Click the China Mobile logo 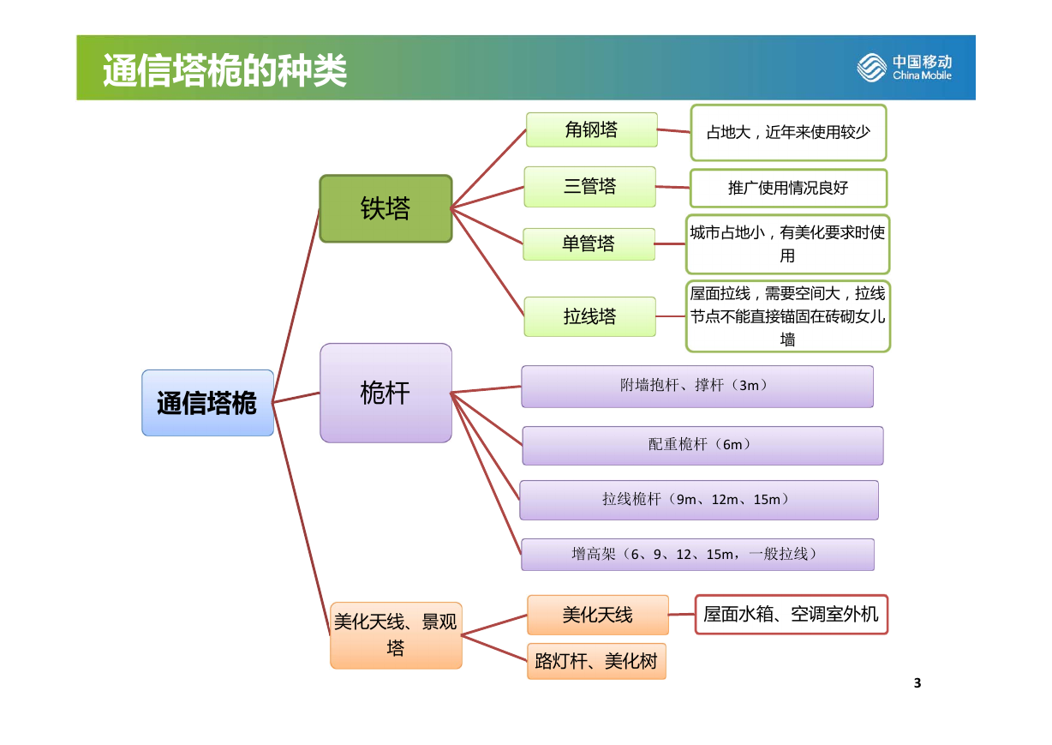point(904,68)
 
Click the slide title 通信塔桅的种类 point(224,70)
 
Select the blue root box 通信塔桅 point(207,403)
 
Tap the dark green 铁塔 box point(386,208)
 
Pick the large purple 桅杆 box point(386,393)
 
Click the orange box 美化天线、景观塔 point(396,635)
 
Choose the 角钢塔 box point(592,129)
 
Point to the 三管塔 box point(590,187)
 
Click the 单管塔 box point(589,244)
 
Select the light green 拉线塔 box point(590,316)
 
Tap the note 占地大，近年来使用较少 point(788,133)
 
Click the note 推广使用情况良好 point(788,188)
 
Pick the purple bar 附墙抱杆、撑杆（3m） point(697,387)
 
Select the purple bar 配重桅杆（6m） point(703,446)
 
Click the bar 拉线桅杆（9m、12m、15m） point(699,500)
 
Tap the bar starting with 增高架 point(698,555)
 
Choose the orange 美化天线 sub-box point(598,615)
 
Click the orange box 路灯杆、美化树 point(596,661)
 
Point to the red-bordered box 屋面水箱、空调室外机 point(792,615)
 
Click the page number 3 point(918,683)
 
